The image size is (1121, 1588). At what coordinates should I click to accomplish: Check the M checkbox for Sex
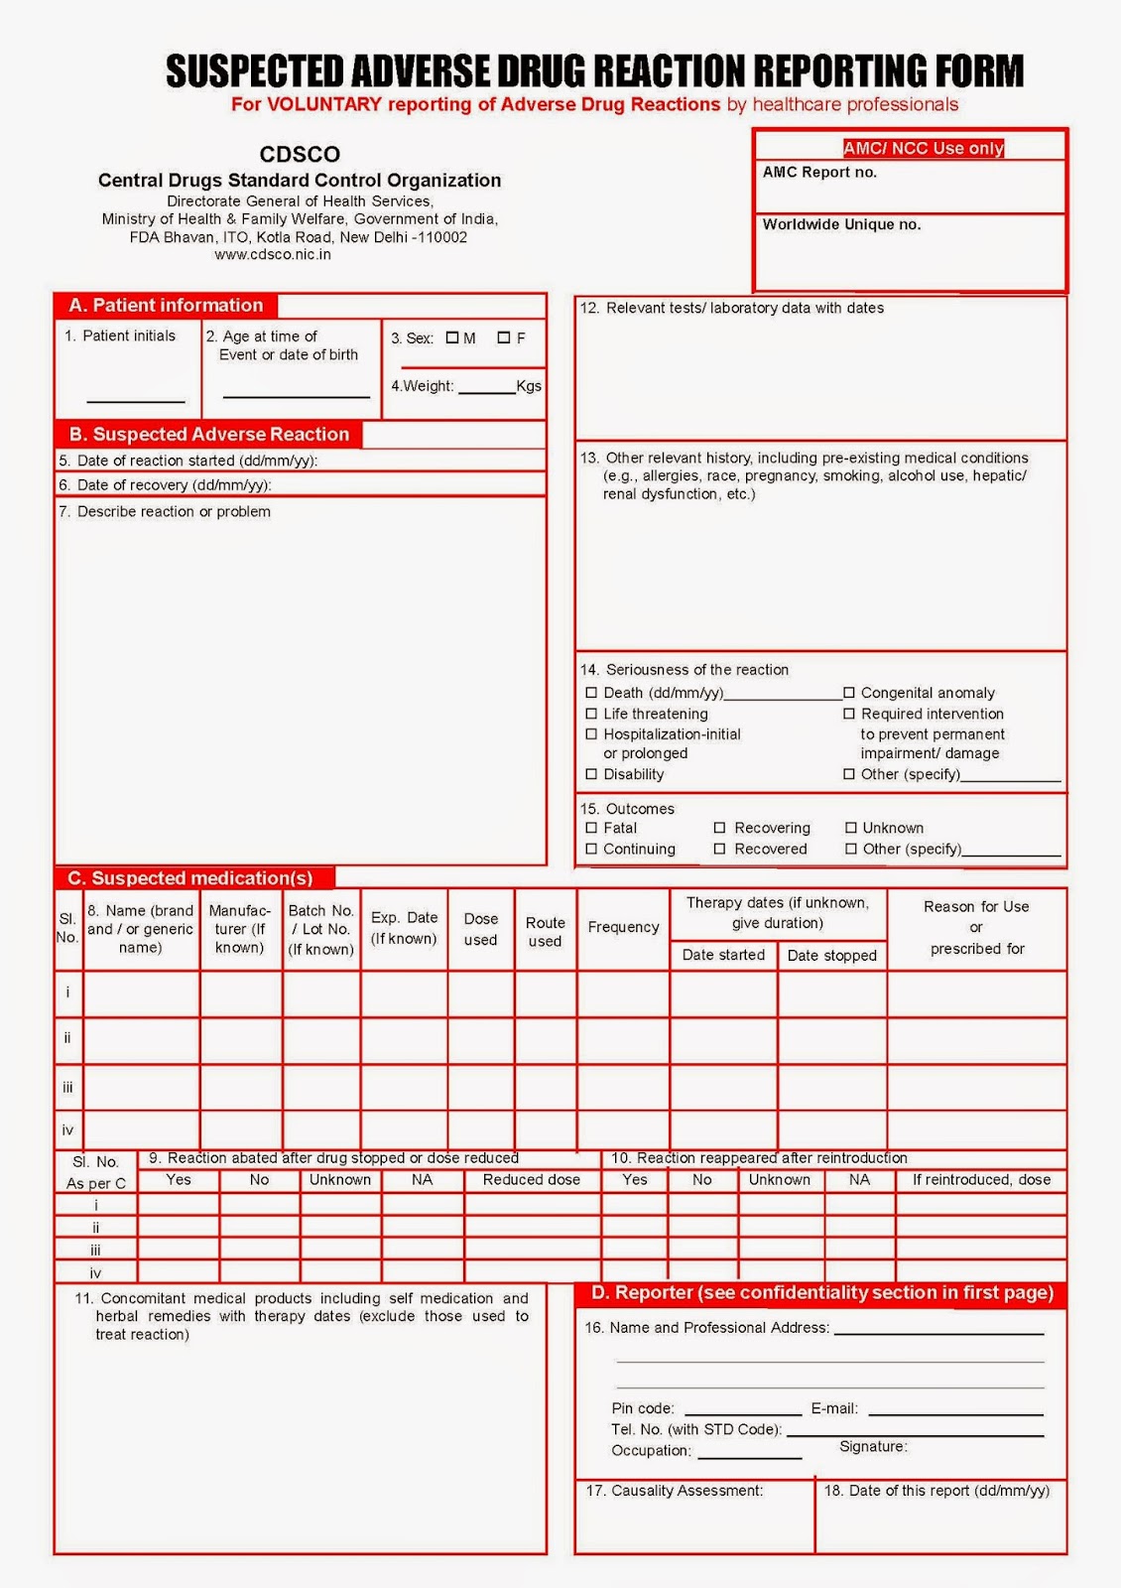(x=452, y=337)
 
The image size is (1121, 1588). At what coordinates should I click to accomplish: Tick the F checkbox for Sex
(x=504, y=337)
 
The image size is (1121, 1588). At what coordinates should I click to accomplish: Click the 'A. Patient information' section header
(x=166, y=306)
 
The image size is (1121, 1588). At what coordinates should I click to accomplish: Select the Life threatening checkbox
(x=591, y=714)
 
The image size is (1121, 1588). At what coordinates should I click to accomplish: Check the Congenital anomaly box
(x=849, y=693)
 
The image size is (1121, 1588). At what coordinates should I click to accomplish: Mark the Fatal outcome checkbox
(x=591, y=828)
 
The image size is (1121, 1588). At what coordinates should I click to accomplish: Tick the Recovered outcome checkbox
(x=720, y=849)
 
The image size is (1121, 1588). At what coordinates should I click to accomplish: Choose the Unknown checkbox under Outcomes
(x=851, y=828)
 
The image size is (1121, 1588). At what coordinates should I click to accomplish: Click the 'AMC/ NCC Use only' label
(x=924, y=148)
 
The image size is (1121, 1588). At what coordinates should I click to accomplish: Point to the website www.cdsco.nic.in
(x=273, y=255)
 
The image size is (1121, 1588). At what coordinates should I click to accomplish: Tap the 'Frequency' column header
(x=623, y=927)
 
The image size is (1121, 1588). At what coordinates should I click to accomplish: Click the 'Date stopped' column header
(x=831, y=956)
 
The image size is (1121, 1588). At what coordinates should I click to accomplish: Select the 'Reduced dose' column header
(x=531, y=1180)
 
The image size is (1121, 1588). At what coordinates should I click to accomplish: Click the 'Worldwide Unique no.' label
(x=841, y=224)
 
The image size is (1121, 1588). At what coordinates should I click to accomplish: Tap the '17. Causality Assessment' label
(x=674, y=1491)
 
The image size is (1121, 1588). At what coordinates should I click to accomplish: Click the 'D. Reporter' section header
(x=821, y=1293)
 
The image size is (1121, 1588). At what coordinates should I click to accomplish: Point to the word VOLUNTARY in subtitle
(x=323, y=104)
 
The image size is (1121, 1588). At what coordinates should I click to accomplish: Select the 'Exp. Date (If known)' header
(x=404, y=928)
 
